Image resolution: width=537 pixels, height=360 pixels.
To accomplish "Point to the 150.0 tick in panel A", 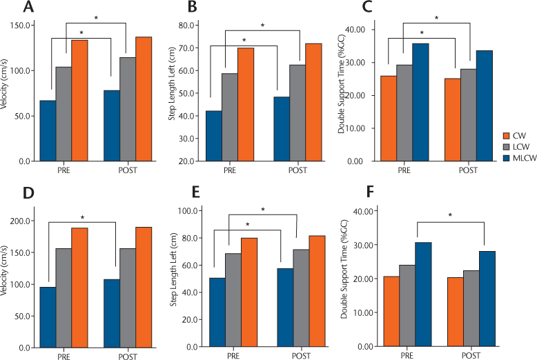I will tap(24, 26).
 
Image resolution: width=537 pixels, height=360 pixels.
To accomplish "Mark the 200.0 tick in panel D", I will tap(24, 221).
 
